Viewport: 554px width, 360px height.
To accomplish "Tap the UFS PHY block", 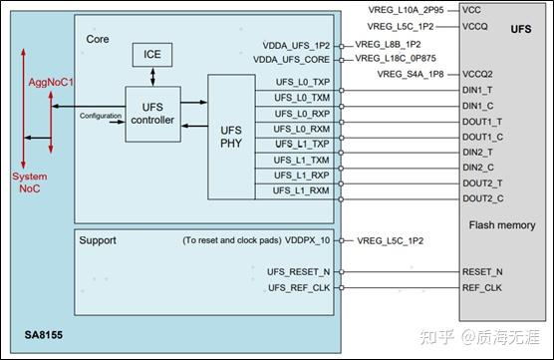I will pos(231,137).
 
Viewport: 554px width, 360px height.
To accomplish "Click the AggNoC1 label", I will pos(36,77).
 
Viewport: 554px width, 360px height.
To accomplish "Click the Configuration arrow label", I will pos(102,117).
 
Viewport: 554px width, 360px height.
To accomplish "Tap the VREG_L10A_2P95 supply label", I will pos(404,10).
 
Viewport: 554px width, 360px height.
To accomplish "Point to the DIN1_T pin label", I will pos(478,91).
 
